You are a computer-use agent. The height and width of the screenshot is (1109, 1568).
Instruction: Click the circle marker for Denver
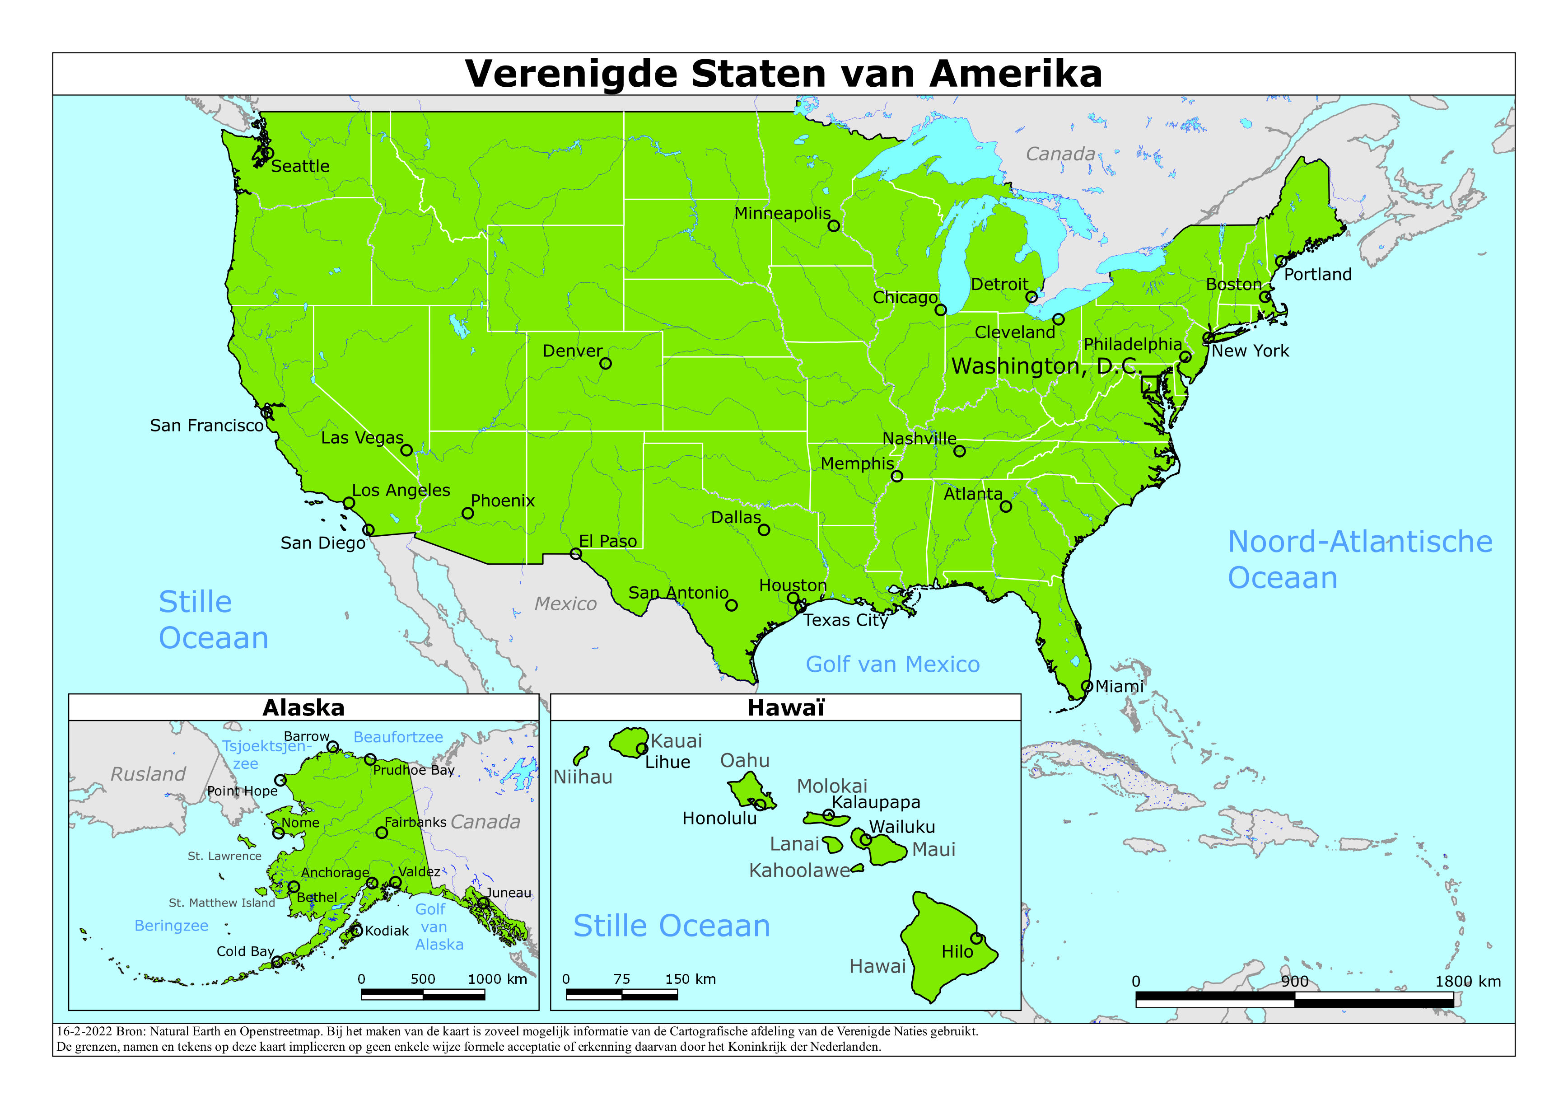(x=605, y=364)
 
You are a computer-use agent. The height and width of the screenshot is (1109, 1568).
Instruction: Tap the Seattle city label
(x=300, y=166)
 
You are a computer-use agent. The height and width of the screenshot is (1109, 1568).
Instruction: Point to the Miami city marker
(x=1087, y=686)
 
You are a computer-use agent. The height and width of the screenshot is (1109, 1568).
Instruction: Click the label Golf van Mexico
(x=892, y=664)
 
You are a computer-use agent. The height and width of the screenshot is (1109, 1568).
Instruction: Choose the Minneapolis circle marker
(x=833, y=225)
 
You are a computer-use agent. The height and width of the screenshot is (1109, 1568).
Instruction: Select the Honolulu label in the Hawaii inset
(x=719, y=818)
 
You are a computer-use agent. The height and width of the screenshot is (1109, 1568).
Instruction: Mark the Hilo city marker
(x=976, y=938)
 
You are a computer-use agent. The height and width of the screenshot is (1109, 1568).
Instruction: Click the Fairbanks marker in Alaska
(x=382, y=832)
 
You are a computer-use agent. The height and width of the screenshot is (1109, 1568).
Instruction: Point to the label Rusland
(x=148, y=774)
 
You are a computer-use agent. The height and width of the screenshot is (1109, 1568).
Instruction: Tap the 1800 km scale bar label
(x=1468, y=981)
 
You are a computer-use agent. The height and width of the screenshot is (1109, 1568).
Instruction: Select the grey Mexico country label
(x=565, y=604)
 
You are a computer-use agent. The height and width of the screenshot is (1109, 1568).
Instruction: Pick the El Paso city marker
(x=576, y=554)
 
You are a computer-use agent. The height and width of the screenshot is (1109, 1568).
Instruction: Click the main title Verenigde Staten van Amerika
(x=783, y=74)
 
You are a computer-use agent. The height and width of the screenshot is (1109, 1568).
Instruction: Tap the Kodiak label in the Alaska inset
(x=387, y=931)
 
